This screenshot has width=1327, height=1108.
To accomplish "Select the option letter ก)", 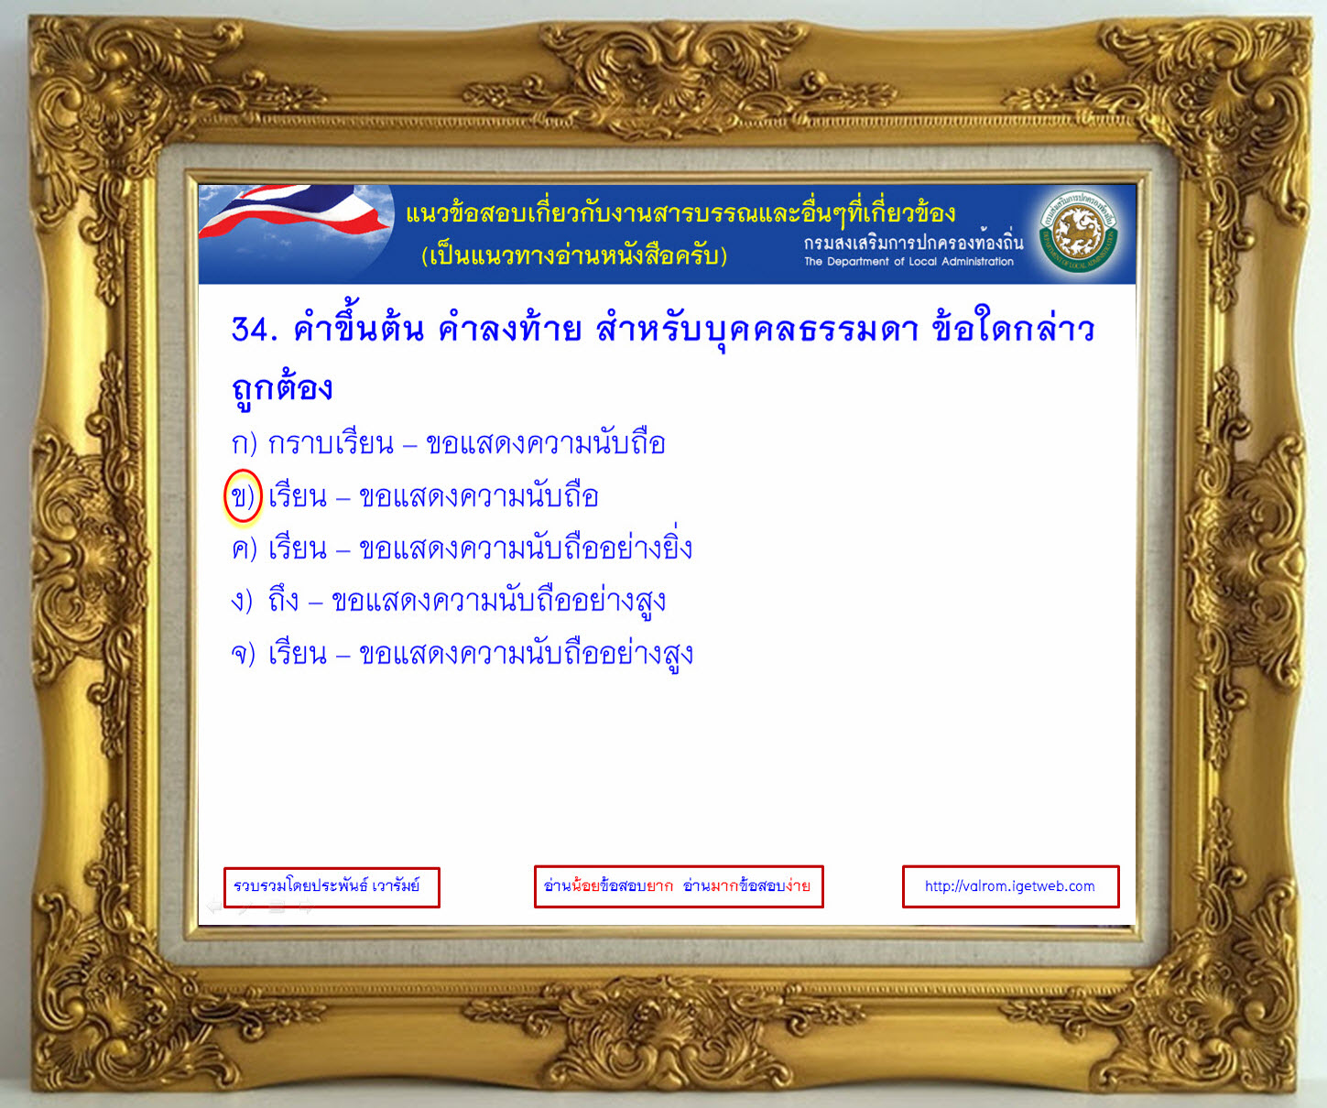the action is coord(244,444).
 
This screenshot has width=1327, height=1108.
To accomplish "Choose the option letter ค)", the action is coord(244,549).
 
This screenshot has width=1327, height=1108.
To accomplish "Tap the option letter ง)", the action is coord(242,602).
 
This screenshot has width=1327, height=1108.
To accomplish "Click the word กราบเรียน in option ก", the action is coord(332,443).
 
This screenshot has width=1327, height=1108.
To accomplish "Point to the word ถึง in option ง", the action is coord(284,600).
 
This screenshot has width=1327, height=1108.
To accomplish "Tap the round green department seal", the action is coord(1079,233).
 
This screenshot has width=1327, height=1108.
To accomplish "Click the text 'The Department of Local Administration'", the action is coord(908,261).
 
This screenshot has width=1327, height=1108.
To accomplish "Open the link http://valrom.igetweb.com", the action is coord(1010,886).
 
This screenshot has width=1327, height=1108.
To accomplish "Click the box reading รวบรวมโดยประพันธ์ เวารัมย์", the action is coord(332,886).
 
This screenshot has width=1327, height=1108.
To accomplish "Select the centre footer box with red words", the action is coord(678,886).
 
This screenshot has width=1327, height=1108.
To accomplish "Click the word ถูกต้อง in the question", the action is coord(281,387).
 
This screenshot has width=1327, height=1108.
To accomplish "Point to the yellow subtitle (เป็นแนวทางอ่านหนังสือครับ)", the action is coord(574,255).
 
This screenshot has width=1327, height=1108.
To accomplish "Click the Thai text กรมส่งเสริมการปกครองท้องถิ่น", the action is coord(914,241).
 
